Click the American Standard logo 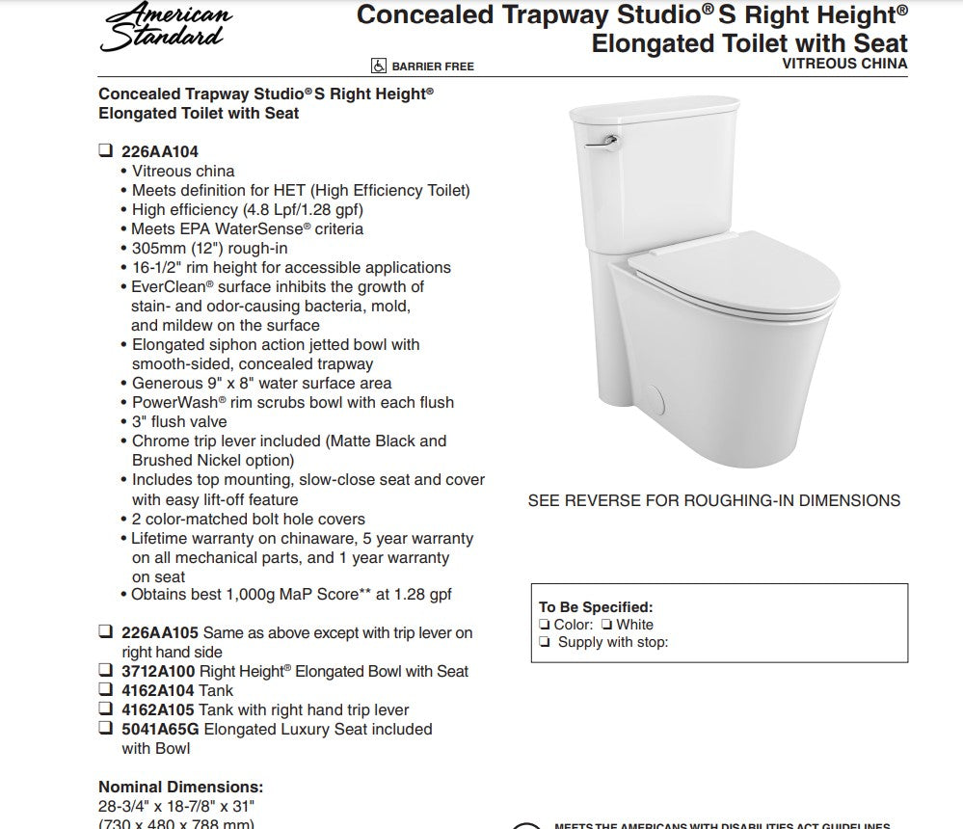pyautogui.click(x=166, y=27)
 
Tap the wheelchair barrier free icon pyautogui.click(x=379, y=66)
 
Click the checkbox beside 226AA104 pyautogui.click(x=105, y=151)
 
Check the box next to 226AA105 pyautogui.click(x=105, y=633)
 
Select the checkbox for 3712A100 pyautogui.click(x=105, y=671)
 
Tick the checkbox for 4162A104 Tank pyautogui.click(x=105, y=690)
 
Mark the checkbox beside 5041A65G pyautogui.click(x=105, y=730)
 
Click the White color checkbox pyautogui.click(x=607, y=625)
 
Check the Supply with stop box pyautogui.click(x=546, y=643)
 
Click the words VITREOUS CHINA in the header pyautogui.click(x=844, y=64)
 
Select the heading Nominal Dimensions pyautogui.click(x=180, y=787)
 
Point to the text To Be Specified pyautogui.click(x=595, y=607)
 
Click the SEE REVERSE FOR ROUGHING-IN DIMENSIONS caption pyautogui.click(x=713, y=500)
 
